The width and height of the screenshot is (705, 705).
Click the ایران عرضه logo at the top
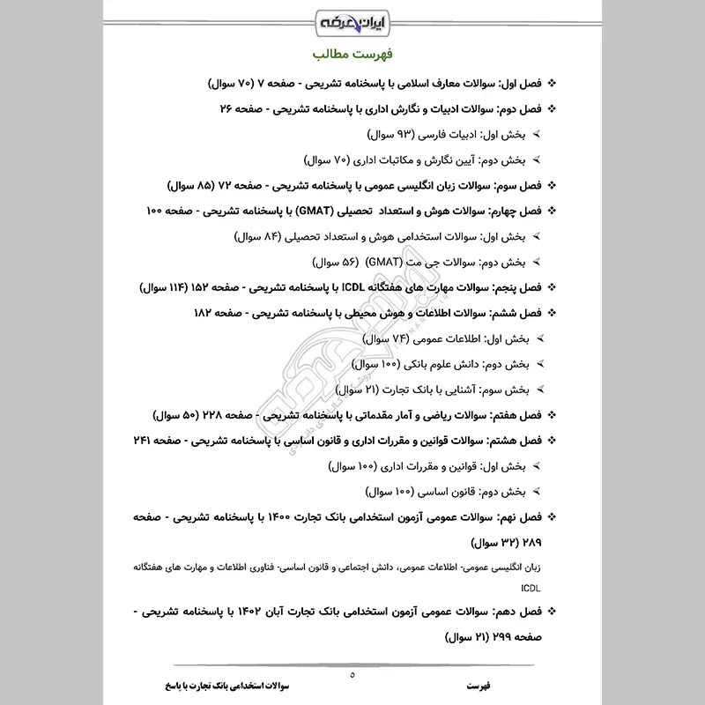(x=352, y=19)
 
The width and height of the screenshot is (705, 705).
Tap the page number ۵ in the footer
(x=352, y=676)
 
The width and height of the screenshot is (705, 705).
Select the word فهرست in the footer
(x=480, y=685)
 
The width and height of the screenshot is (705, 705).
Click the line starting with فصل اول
(x=379, y=85)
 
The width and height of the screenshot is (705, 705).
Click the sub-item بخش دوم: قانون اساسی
(x=457, y=491)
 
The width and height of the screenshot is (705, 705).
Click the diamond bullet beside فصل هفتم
(x=552, y=414)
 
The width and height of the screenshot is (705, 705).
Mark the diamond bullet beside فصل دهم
(x=552, y=610)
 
